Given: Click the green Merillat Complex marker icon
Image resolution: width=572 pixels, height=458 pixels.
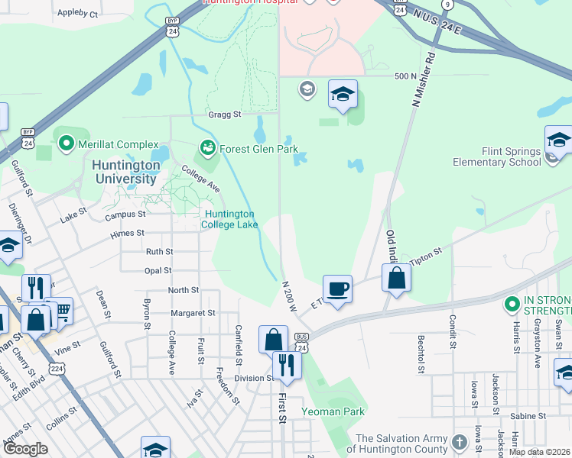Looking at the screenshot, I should (66, 144).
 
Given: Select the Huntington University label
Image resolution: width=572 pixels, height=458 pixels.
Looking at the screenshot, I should (124, 172).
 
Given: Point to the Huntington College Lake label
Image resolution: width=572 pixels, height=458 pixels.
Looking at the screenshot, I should (229, 220).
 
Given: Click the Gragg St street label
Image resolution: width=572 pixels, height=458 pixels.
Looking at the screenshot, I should (224, 114).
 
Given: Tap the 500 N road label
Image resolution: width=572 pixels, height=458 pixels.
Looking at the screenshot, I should (405, 76).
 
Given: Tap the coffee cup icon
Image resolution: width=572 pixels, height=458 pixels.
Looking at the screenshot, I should (337, 289).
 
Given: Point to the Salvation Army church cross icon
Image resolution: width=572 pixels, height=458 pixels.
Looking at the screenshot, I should (459, 443).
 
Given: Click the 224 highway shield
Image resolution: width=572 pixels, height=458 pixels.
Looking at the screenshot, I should (56, 369).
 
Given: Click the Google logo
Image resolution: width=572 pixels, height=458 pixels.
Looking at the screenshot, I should (24, 449).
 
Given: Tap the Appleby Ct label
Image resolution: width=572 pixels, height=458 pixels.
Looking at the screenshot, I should (79, 14).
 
